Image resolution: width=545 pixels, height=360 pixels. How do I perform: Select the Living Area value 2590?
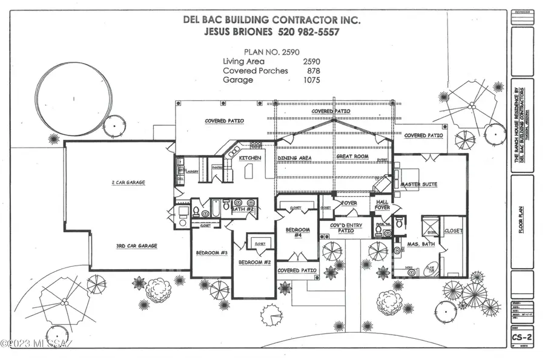point(311,61)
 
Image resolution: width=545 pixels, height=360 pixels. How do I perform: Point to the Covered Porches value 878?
point(314,70)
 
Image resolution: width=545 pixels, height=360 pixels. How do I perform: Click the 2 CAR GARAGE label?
point(128,182)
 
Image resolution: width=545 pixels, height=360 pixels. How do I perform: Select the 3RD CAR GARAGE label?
point(137,246)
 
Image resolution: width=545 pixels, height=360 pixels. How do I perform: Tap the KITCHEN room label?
point(249,158)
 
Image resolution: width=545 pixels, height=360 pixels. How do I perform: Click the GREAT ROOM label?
point(352,157)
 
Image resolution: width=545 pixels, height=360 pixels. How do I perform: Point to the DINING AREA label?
point(294,158)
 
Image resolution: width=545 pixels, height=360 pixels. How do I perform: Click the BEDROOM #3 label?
point(211,253)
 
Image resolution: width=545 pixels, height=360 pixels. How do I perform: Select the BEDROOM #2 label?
point(254,263)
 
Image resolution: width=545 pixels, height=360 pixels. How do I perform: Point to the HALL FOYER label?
point(382,205)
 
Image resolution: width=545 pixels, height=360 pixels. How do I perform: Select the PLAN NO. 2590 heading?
point(271,52)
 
